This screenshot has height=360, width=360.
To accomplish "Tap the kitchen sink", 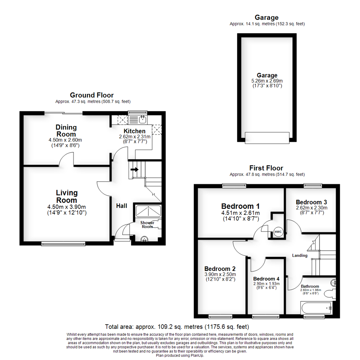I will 142,119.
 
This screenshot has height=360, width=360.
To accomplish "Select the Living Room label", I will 67,196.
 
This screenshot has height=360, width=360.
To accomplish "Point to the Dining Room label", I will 66,131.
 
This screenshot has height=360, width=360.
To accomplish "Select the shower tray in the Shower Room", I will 148,211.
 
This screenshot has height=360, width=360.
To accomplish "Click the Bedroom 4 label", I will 266,279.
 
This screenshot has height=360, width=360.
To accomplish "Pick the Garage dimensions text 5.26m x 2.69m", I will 267,81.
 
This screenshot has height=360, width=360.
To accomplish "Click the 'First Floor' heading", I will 267,168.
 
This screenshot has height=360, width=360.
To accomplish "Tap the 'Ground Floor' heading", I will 92,95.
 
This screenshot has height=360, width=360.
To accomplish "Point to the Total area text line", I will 177,326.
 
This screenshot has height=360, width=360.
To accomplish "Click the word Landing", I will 300,256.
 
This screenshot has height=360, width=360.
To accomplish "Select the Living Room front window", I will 63,244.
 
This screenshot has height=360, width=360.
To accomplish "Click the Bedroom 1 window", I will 234,186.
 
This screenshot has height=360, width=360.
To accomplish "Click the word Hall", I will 121,206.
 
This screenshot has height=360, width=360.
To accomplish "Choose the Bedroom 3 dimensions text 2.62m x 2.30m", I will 311,208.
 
